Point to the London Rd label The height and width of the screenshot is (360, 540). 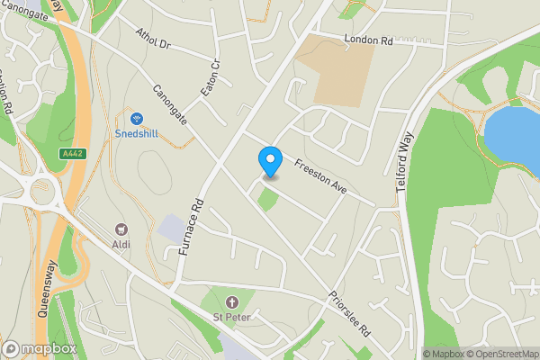[x=368, y=40]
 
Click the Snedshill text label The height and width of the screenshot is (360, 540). [x=137, y=133]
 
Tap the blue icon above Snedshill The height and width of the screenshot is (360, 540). [x=137, y=118]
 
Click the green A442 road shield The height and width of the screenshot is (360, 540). [x=73, y=154]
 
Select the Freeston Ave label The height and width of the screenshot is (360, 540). [x=321, y=166]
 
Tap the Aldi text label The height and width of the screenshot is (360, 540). [x=121, y=245]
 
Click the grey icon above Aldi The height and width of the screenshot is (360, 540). [x=121, y=230]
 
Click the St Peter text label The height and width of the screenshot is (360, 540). [x=231, y=317]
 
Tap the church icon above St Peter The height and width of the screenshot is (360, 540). [x=232, y=301]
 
